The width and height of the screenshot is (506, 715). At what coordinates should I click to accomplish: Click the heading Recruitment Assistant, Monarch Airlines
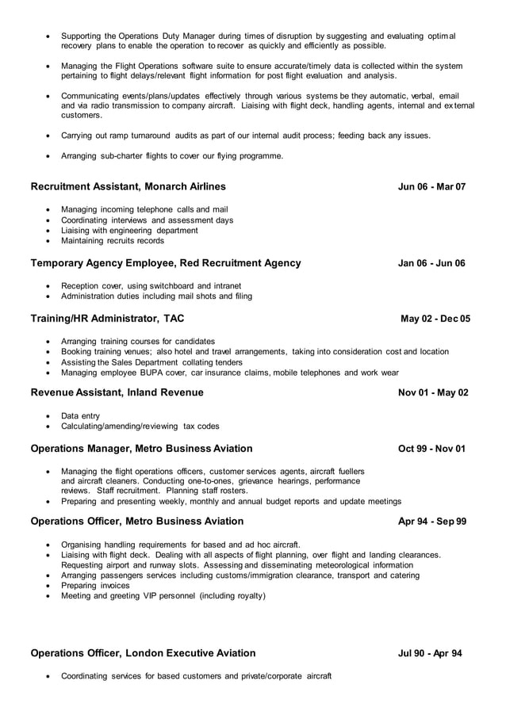128,187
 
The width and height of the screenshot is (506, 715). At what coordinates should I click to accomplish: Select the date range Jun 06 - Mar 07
431,187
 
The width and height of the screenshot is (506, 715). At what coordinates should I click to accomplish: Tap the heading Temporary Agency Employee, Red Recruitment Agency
166,263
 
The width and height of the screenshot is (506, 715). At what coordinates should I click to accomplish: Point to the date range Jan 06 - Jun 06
431,263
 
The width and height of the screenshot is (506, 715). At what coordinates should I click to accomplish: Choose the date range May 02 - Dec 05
435,319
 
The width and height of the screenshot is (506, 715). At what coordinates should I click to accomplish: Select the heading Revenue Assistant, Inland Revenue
117,392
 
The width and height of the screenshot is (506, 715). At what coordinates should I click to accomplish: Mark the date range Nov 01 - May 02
433,392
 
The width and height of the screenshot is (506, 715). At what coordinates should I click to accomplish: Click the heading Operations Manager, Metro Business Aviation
141,449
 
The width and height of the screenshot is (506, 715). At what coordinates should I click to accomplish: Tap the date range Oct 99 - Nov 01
431,449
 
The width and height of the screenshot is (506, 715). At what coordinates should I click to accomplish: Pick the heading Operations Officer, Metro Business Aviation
136,522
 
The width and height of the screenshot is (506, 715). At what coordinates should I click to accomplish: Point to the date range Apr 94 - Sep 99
431,522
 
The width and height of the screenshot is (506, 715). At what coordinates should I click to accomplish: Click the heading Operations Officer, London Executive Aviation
143,653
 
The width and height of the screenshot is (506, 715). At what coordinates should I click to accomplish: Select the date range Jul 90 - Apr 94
430,653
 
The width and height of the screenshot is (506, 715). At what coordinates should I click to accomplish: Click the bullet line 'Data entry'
80,415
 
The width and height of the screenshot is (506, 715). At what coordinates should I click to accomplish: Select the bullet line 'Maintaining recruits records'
113,241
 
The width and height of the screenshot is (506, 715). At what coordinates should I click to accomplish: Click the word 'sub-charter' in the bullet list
122,156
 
